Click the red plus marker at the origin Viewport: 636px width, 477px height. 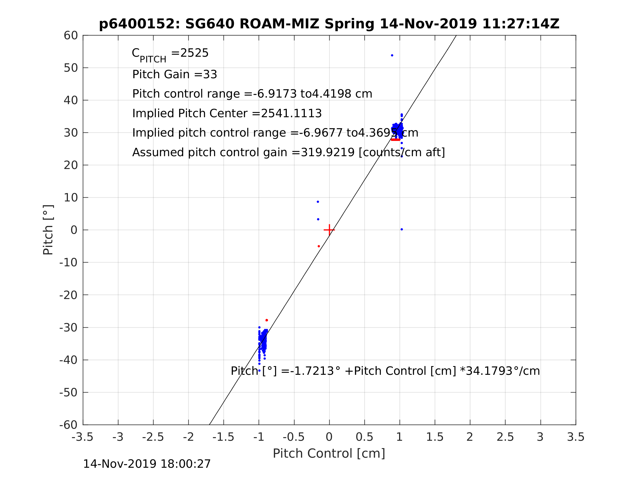(329, 230)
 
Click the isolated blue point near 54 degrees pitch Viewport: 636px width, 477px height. (392, 56)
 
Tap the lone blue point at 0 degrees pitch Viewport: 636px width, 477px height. (402, 230)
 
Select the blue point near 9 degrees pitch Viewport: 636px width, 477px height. (318, 202)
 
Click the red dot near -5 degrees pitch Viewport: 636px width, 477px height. (319, 246)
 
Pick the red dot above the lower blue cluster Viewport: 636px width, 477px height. (267, 320)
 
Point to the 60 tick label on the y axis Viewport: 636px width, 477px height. (71, 36)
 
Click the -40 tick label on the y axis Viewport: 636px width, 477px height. (68, 360)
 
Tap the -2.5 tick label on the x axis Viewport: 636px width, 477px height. (153, 437)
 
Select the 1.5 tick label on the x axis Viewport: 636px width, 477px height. (435, 437)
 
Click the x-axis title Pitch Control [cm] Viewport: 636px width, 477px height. (329, 454)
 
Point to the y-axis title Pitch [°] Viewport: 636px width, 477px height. (48, 230)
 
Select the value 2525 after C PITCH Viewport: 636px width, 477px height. (194, 53)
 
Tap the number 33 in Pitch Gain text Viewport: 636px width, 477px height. (210, 74)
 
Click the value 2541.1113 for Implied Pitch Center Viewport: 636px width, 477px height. (291, 114)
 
